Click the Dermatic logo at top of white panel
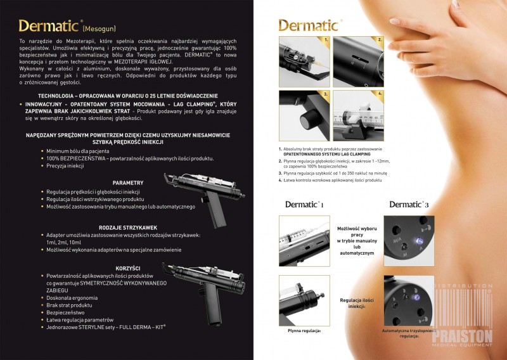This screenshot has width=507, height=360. click(309, 25)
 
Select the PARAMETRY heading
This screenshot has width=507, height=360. click(128, 183)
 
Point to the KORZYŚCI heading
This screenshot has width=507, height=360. click(128, 268)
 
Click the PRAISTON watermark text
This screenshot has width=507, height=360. click(468, 333)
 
